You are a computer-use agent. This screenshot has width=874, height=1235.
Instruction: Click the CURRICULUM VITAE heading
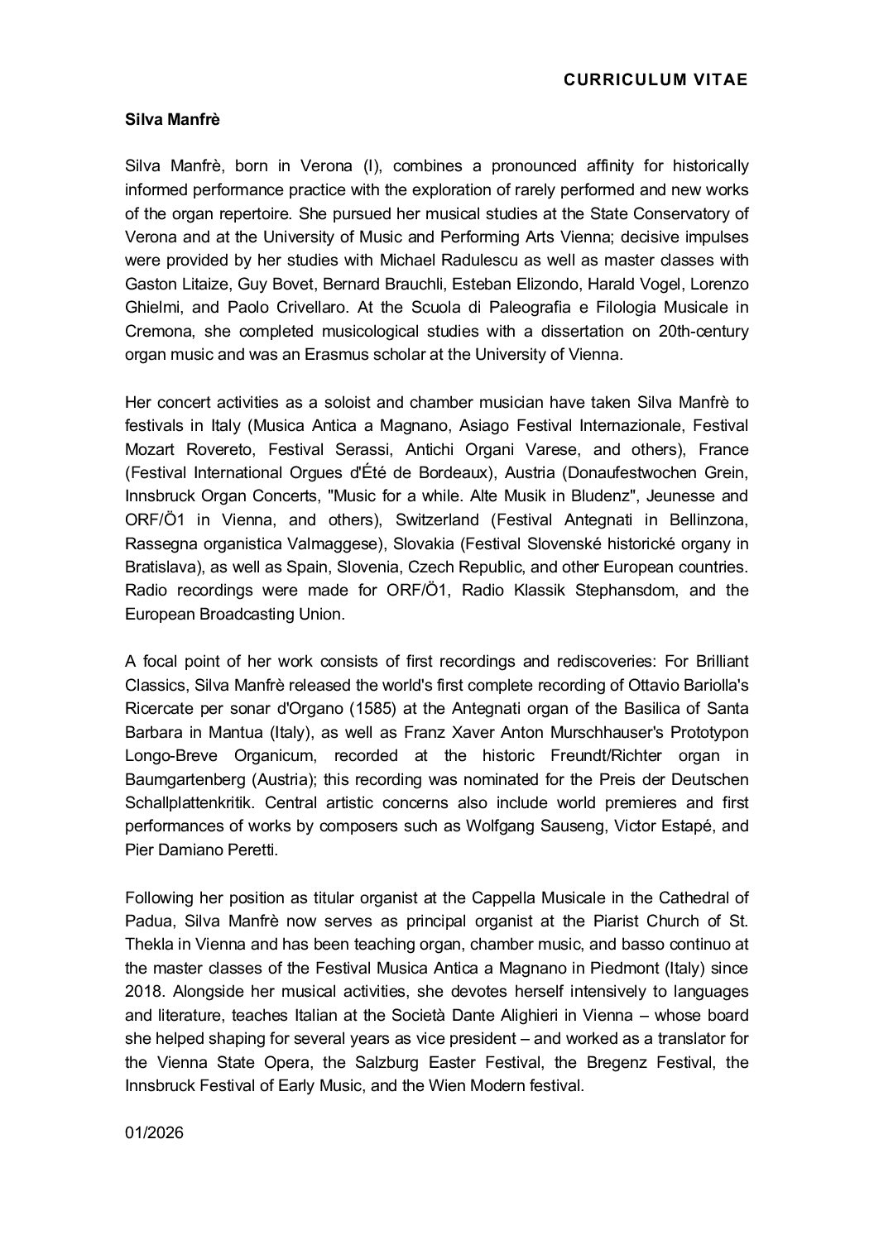(x=655, y=79)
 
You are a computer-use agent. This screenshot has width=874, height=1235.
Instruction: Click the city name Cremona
(x=157, y=332)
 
